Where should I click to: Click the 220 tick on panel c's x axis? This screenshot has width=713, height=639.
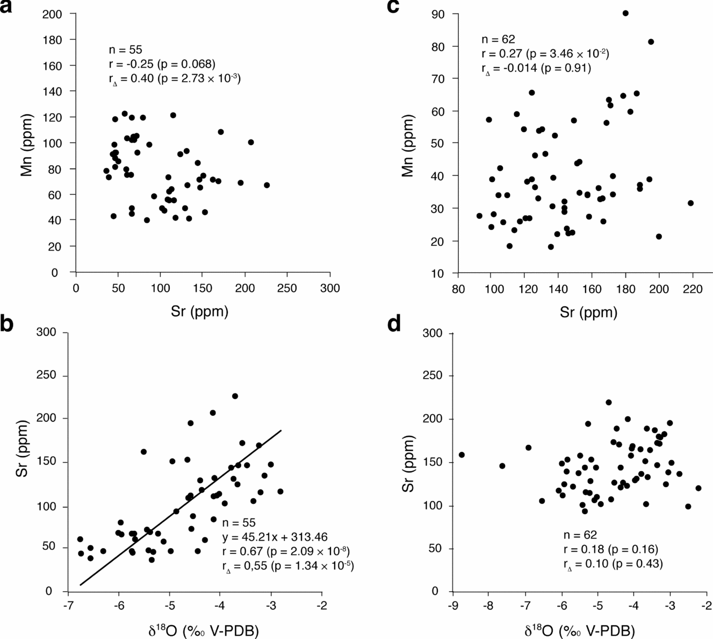tap(693, 289)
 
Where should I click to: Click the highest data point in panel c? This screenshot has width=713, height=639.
tap(625, 13)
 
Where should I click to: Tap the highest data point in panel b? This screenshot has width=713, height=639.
tap(235, 396)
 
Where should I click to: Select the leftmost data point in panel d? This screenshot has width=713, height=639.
tap(462, 455)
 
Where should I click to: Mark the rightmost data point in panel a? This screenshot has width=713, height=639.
tap(267, 185)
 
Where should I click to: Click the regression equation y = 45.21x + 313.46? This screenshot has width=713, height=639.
tap(275, 537)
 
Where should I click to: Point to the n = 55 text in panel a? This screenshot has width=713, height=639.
tap(125, 50)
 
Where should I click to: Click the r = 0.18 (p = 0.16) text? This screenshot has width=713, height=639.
tap(610, 549)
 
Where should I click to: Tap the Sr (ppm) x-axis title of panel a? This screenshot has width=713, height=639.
tap(201, 312)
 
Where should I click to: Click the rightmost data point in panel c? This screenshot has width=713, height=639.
tap(690, 203)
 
